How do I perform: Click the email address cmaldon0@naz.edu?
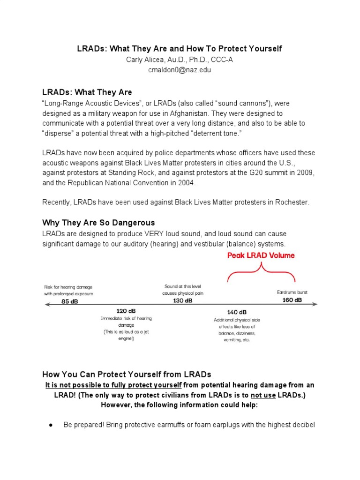point(180,69)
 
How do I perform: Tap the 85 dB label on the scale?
point(70,301)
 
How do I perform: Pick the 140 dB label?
point(237,312)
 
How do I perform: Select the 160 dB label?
point(292,300)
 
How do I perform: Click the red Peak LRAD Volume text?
point(261,255)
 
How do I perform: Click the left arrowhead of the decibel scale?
point(45,305)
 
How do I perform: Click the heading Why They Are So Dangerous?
point(98,222)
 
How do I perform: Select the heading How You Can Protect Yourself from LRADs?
point(127,374)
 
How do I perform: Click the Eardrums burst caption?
point(292,292)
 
